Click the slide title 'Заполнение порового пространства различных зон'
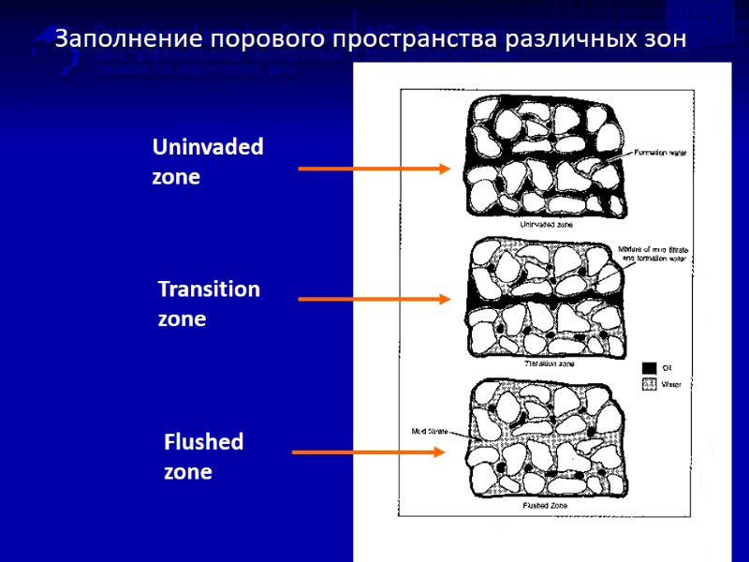[371, 39]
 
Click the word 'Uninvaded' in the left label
[207, 147]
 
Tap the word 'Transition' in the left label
[209, 288]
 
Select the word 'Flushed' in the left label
[203, 441]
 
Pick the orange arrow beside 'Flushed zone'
[369, 451]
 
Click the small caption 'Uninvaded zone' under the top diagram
[547, 225]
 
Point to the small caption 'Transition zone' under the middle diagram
[547, 362]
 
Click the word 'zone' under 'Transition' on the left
[182, 319]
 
